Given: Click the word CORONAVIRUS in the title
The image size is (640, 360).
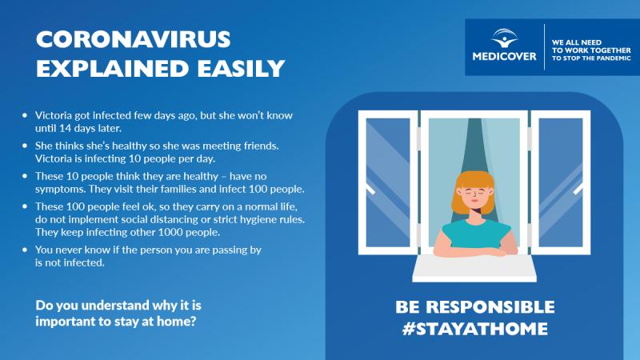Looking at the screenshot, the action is pyautogui.click(x=134, y=39).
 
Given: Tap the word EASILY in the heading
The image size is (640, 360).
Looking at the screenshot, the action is pyautogui.click(x=241, y=68).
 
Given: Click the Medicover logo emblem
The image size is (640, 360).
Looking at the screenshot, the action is pyautogui.click(x=505, y=38).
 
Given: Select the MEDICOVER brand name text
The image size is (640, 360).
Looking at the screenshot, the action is pyautogui.click(x=505, y=56).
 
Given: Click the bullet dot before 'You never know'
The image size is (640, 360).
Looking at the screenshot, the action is pyautogui.click(x=25, y=250).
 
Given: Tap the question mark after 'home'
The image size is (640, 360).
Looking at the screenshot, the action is pyautogui.click(x=193, y=321).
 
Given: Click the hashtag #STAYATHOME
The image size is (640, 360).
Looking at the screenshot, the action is pyautogui.click(x=474, y=329).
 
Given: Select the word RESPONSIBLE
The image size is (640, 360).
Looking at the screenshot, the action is pyautogui.click(x=490, y=307).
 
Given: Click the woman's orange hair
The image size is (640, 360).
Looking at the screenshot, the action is pyautogui.click(x=474, y=192).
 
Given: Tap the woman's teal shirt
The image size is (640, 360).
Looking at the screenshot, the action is pyautogui.click(x=476, y=234).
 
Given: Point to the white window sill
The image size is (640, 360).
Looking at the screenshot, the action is pyautogui.click(x=474, y=268).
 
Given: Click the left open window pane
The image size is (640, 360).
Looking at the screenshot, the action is pyautogui.click(x=388, y=182).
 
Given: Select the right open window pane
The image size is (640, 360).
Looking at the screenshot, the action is pyautogui.click(x=561, y=182).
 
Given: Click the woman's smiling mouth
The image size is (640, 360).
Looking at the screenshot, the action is pyautogui.click(x=474, y=202).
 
